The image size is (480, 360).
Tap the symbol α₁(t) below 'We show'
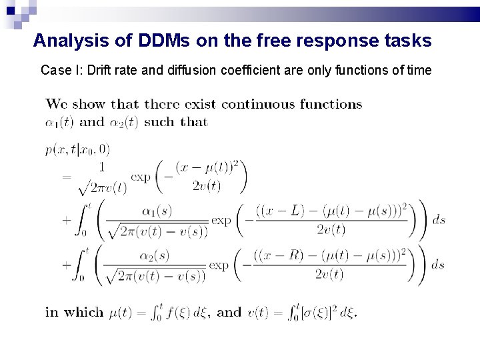(x=60, y=122)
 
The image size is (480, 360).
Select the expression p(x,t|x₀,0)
(x=78, y=149)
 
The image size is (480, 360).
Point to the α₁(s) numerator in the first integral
(x=157, y=211)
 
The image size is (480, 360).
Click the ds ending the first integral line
(x=438, y=220)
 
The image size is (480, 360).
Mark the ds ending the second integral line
(x=437, y=264)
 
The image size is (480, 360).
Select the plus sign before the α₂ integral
(x=67, y=264)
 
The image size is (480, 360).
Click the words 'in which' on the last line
(x=74, y=312)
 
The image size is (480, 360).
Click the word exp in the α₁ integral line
(x=221, y=220)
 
